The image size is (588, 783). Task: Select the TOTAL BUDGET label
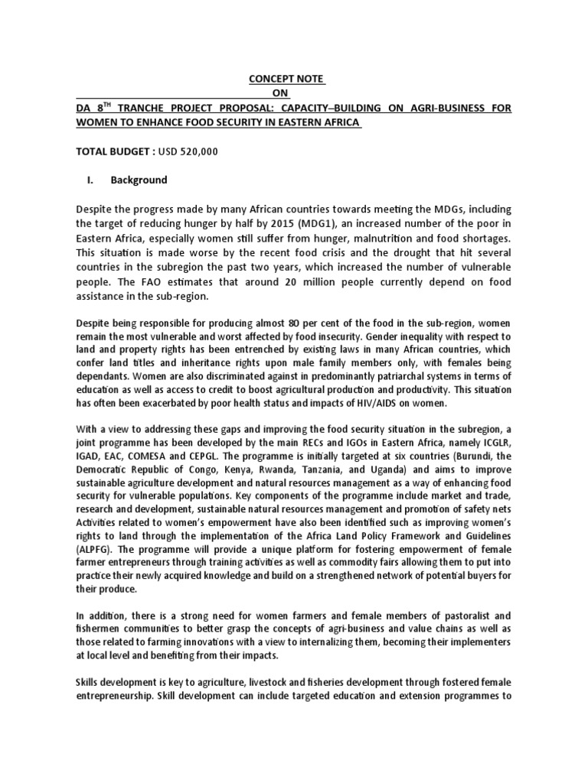(115, 151)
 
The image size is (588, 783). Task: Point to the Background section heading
(139, 180)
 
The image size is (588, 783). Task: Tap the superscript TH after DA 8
(115, 105)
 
